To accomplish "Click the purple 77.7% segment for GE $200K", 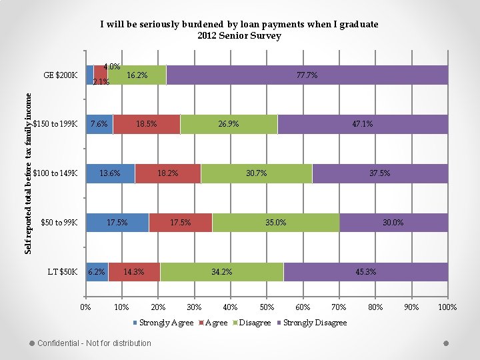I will [307, 75].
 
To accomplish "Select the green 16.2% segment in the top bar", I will [137, 75].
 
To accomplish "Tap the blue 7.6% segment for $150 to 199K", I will [99, 124].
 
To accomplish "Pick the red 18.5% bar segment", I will [146, 124].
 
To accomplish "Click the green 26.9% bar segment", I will [229, 124].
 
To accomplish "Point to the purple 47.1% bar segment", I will [363, 124].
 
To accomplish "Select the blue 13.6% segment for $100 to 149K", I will [111, 173].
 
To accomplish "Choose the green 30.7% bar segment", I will [257, 173].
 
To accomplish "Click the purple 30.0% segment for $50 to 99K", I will [393, 223].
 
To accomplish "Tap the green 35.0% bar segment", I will [276, 223].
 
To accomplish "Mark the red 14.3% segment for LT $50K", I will [134, 272].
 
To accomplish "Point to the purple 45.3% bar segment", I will [365, 272].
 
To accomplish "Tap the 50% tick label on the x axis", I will [267, 307].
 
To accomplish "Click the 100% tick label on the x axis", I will [447, 307].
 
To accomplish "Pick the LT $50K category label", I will [63, 272].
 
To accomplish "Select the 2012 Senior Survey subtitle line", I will [239, 36].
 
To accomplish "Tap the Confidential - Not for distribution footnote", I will [94, 343].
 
